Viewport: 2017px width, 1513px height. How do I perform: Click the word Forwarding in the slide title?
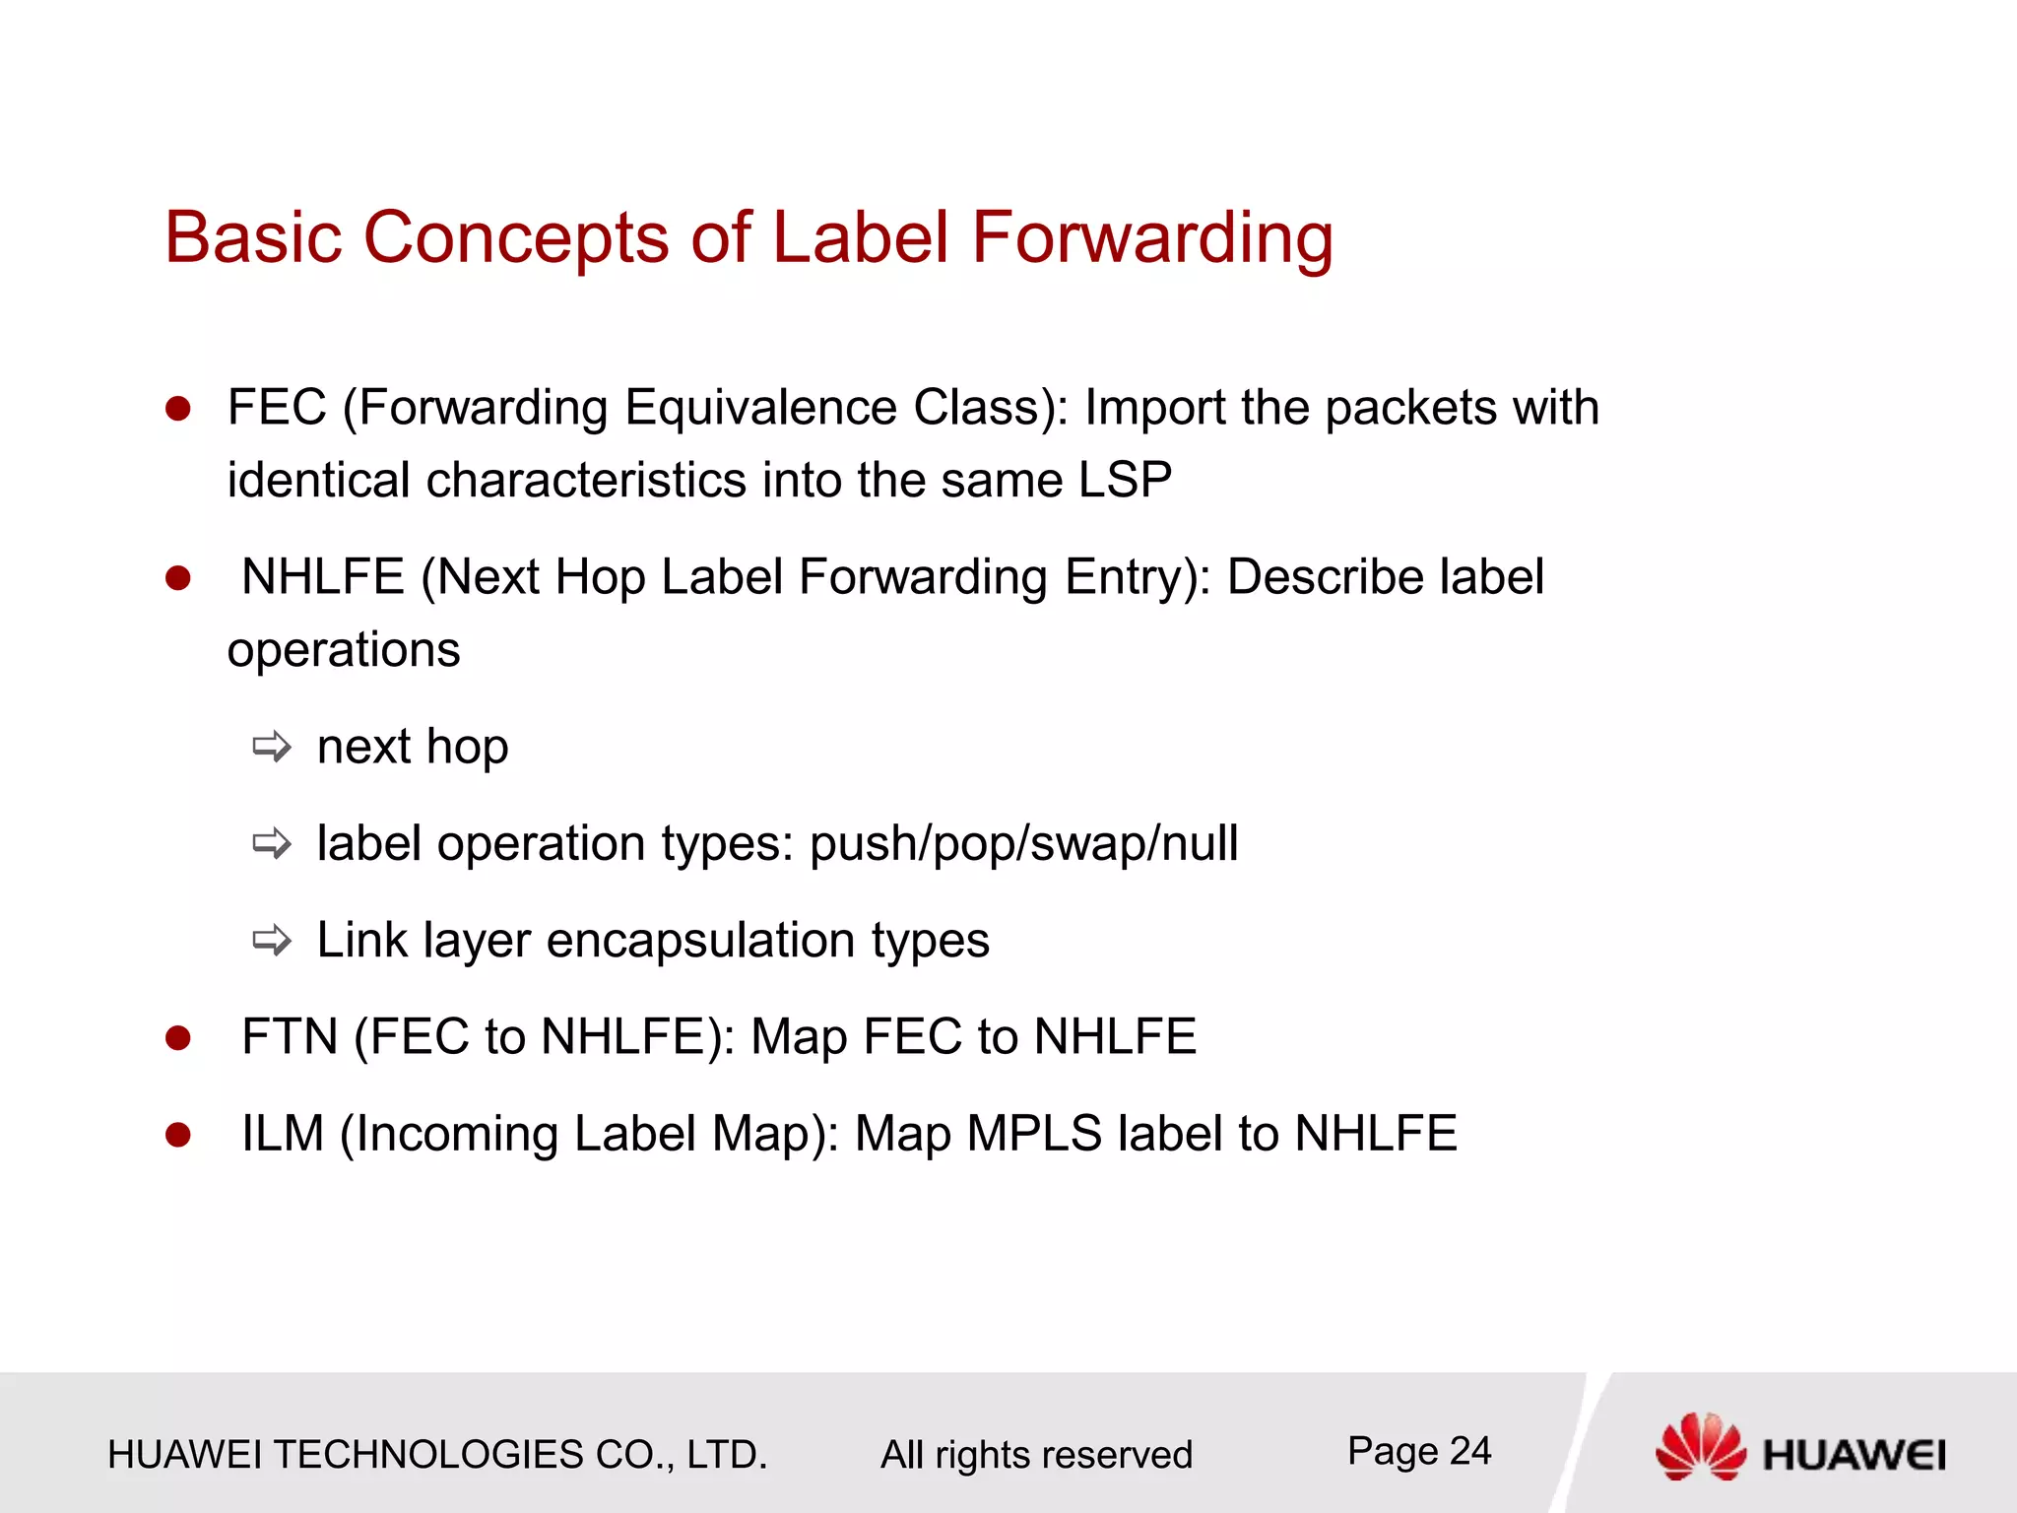[x=1151, y=239]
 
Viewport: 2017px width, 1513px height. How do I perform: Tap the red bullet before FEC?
[x=178, y=409]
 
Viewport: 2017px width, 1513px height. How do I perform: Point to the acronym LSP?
[x=1125, y=481]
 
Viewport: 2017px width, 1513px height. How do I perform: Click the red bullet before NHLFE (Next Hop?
[x=178, y=578]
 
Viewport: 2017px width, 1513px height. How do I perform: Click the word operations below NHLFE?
[x=344, y=651]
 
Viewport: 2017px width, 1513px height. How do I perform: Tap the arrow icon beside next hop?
[x=272, y=748]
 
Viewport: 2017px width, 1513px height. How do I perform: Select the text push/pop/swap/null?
[x=1023, y=844]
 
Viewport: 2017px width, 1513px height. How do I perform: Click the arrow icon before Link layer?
[x=272, y=941]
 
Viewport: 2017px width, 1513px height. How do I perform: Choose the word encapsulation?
[x=700, y=941]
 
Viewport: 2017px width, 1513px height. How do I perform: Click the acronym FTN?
[x=290, y=1037]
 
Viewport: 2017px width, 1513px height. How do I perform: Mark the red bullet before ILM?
[x=178, y=1135]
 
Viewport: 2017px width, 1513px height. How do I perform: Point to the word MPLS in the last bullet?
[x=1034, y=1134]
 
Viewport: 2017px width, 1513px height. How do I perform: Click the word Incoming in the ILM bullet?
[x=457, y=1134]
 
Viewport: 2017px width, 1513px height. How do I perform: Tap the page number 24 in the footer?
[x=1469, y=1451]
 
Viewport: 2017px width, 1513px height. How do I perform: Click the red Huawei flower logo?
[x=1700, y=1446]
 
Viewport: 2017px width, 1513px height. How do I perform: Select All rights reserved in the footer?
[x=1036, y=1455]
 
